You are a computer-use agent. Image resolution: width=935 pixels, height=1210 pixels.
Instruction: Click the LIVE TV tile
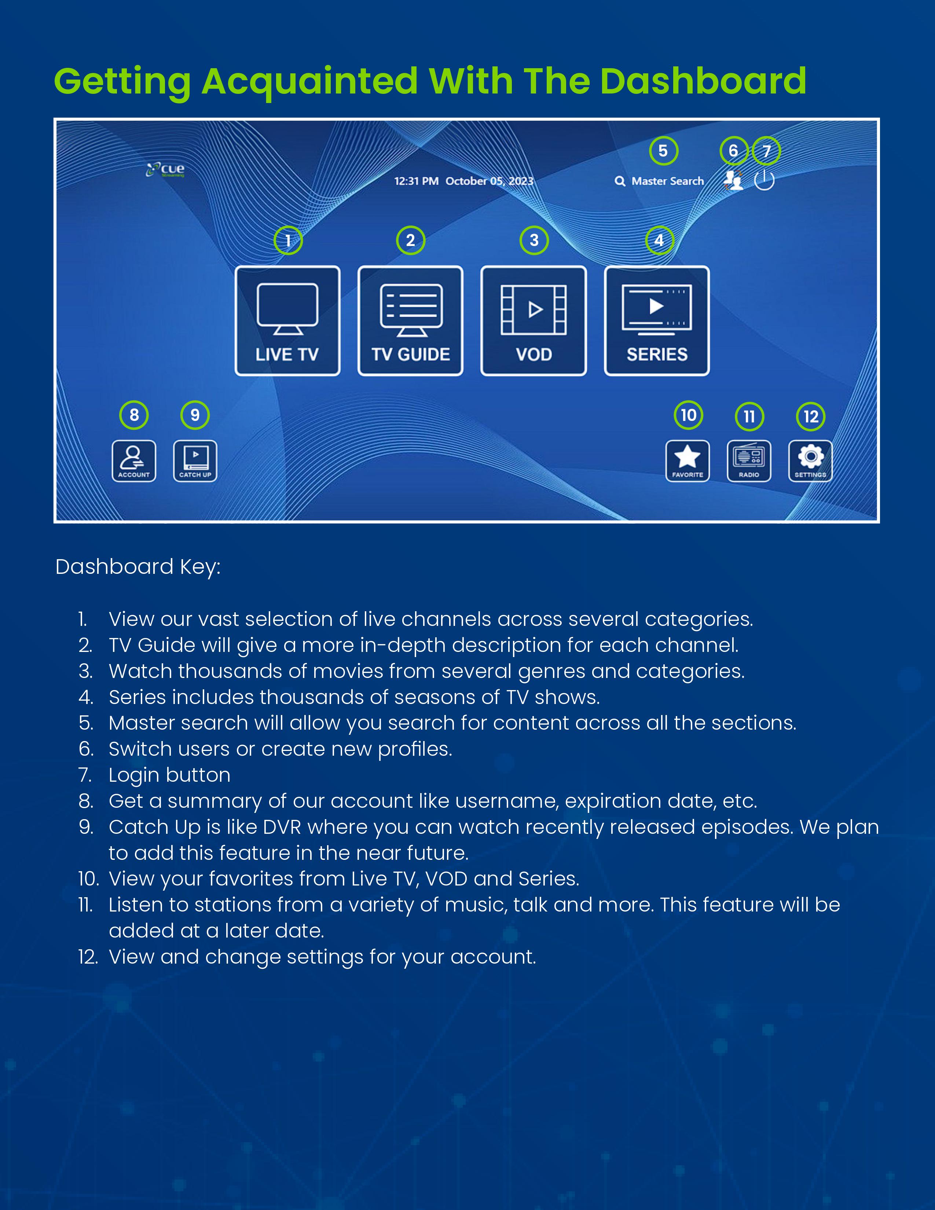tap(287, 321)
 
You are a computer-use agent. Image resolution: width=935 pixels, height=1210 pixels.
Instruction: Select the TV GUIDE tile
tap(410, 321)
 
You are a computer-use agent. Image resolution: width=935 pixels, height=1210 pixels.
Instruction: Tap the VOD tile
tap(533, 321)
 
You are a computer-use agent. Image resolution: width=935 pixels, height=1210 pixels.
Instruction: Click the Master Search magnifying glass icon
tap(620, 181)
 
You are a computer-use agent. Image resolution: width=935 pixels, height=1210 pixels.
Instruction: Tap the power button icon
tap(764, 180)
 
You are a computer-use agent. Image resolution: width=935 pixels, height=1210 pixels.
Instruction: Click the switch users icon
tap(733, 180)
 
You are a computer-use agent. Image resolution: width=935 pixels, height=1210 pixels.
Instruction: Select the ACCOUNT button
tap(134, 461)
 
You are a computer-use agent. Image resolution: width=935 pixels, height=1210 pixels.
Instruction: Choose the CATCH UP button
tap(195, 461)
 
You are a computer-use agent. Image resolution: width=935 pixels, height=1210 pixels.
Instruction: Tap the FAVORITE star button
tap(687, 461)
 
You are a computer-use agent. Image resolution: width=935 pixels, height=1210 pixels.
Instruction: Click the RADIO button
tap(749, 461)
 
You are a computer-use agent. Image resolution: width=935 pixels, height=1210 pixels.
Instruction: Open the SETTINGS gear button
tap(810, 461)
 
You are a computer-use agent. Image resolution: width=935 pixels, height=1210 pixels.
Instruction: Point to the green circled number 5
tap(663, 151)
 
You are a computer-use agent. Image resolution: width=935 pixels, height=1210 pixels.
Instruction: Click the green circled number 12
tap(811, 417)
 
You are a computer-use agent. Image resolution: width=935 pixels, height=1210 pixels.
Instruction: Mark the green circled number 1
tap(288, 241)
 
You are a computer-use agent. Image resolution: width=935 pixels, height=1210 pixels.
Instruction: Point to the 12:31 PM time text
tap(416, 181)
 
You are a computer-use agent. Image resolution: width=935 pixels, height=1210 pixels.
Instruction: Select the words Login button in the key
tap(169, 775)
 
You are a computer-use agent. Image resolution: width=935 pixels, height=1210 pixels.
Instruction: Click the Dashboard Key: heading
tap(138, 567)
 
